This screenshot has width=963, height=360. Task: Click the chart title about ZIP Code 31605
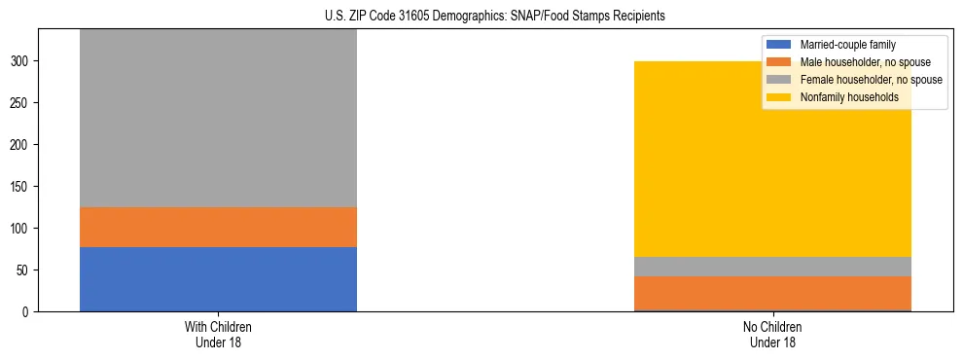(481, 16)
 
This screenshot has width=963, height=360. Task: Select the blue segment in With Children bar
(218, 279)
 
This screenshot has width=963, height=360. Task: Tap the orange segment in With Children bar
(218, 227)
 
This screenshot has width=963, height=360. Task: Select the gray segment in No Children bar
(772, 267)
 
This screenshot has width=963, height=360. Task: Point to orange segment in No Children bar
(772, 293)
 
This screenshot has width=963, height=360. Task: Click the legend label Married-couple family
(847, 45)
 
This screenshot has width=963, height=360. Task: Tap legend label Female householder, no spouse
(871, 80)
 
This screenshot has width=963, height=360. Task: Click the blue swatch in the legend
(780, 45)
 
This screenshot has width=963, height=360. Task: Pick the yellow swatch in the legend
(780, 97)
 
